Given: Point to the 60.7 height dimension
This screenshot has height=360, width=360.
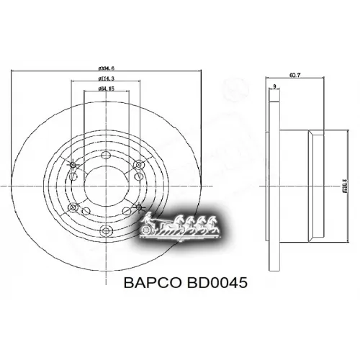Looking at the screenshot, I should pyautogui.click(x=294, y=75).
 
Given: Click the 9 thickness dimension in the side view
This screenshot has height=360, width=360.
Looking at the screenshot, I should pyautogui.click(x=274, y=87).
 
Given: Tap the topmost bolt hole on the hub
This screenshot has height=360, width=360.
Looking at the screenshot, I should pyautogui.click(x=107, y=153).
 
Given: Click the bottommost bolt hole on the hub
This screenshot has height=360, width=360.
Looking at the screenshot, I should pyautogui.click(x=107, y=230).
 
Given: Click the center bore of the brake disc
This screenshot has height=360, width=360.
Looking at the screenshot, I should pyautogui.click(x=107, y=191).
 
